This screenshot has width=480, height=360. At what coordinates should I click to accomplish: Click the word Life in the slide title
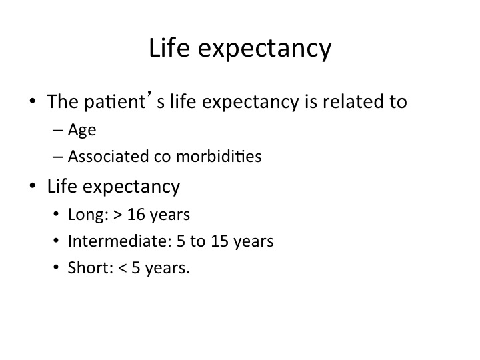[x=169, y=47]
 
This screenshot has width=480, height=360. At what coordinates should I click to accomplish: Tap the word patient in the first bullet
[x=115, y=102]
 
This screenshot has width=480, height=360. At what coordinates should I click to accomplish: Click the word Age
[x=82, y=130]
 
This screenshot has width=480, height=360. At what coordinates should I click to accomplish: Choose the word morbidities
[x=219, y=156]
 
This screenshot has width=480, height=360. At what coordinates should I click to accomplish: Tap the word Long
[x=88, y=215]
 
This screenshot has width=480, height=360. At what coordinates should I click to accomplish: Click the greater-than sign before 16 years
[x=118, y=215]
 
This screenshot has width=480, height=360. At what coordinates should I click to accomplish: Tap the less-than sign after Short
[x=123, y=268]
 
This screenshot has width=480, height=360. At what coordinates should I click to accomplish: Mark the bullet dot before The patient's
[x=33, y=101]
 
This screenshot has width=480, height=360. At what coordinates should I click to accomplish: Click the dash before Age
[x=58, y=131]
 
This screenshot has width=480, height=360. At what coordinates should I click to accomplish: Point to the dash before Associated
[x=58, y=157]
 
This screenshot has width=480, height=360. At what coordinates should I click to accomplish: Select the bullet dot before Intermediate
[x=56, y=241]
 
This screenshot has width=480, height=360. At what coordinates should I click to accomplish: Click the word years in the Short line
[x=167, y=269]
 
